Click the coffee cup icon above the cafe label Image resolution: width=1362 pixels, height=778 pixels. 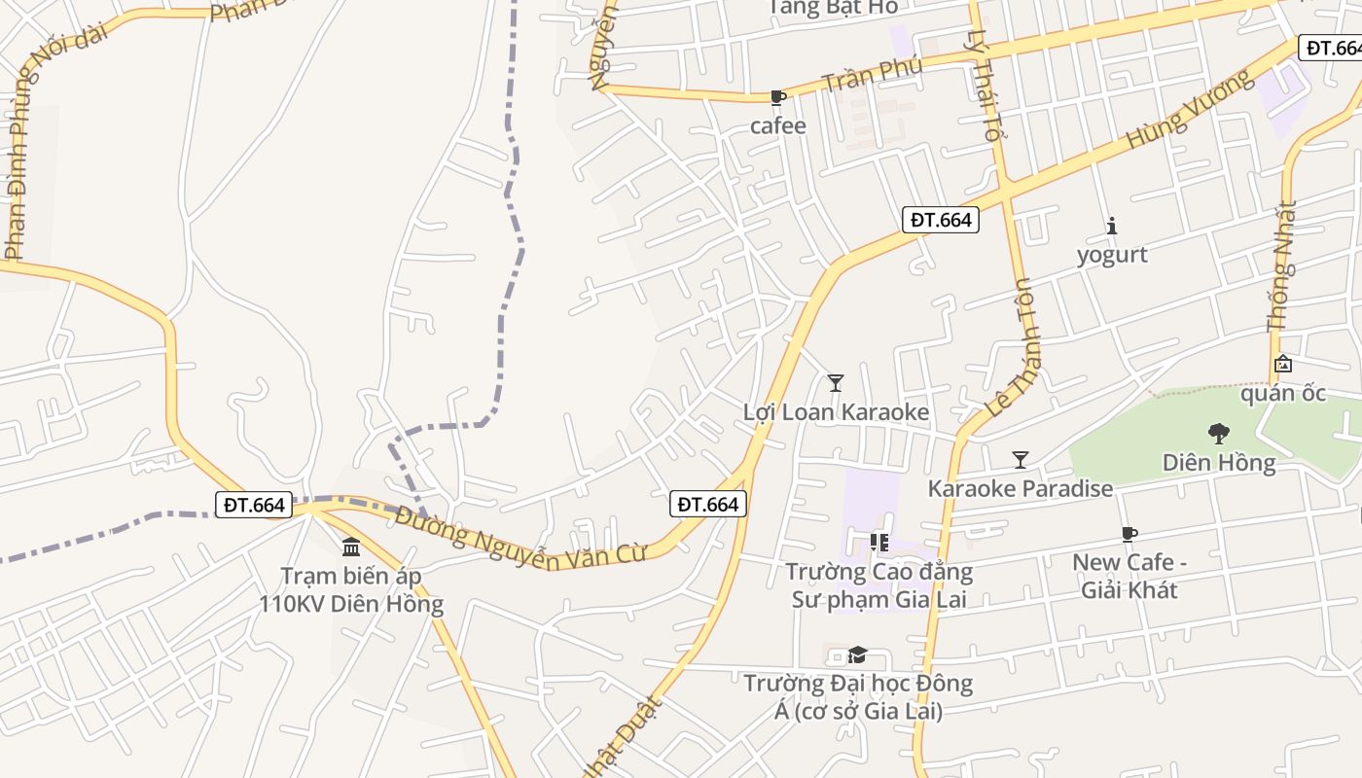pos(777,97)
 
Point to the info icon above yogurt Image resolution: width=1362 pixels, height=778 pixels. pos(1112,227)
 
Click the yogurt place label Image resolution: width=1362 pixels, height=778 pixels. pos(1112,255)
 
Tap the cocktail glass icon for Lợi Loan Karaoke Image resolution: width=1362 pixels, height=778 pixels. pos(835,383)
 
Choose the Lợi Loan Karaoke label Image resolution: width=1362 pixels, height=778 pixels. pos(836,412)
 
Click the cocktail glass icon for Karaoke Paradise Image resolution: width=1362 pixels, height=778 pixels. pos(1020,460)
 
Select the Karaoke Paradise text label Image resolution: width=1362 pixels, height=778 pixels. pos(1020,488)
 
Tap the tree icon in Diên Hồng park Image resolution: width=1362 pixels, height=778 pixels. pos(1218,434)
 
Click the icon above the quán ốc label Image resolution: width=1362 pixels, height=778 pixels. pos(1283,365)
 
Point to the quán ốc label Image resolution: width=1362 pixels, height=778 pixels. pos(1282,394)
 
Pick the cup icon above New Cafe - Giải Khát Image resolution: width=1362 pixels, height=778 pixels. pos(1129,534)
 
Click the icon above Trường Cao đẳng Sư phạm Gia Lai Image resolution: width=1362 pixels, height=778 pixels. pos(879,543)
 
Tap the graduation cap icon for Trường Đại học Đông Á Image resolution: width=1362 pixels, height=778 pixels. pos(857,655)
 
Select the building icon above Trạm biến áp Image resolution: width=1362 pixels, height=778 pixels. pos(351,548)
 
